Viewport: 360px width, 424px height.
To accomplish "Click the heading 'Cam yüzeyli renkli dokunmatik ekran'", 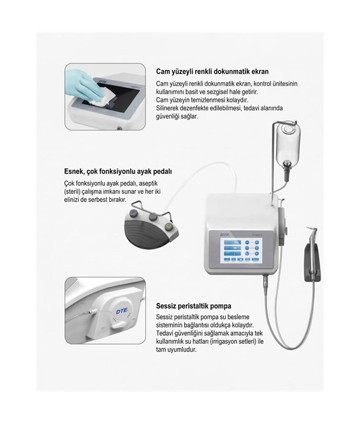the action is coord(212,71).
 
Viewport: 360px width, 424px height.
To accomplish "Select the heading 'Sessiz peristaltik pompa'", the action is coord(194,306).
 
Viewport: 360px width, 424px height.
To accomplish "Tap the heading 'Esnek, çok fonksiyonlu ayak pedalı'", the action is coord(118,172).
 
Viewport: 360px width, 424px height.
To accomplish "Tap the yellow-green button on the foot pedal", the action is coord(169,225).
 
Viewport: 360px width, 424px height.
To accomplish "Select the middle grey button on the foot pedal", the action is coord(153,216).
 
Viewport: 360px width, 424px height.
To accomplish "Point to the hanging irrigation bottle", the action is coord(288,148).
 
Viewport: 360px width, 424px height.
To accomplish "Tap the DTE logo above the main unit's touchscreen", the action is coord(224,234).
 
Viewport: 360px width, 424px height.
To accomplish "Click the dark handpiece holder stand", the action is coord(312,262).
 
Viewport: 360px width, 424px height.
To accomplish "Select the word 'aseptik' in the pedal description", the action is coord(148,184).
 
